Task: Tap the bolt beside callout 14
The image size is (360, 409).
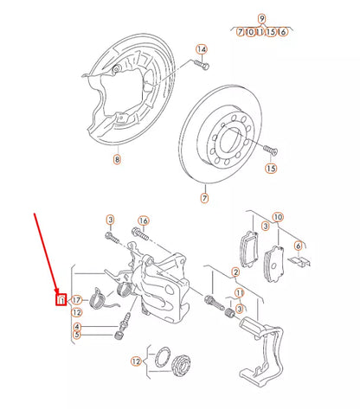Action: (201, 66)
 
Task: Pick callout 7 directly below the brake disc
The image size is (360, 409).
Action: (205, 199)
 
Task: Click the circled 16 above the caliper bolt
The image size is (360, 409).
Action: (144, 220)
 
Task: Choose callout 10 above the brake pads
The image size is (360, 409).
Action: (278, 217)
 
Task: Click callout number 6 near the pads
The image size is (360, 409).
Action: (298, 246)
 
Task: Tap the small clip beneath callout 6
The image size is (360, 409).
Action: (302, 262)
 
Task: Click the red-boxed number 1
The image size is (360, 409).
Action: (61, 301)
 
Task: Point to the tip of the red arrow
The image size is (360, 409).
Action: (60, 294)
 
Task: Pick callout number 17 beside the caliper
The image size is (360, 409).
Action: (76, 300)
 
